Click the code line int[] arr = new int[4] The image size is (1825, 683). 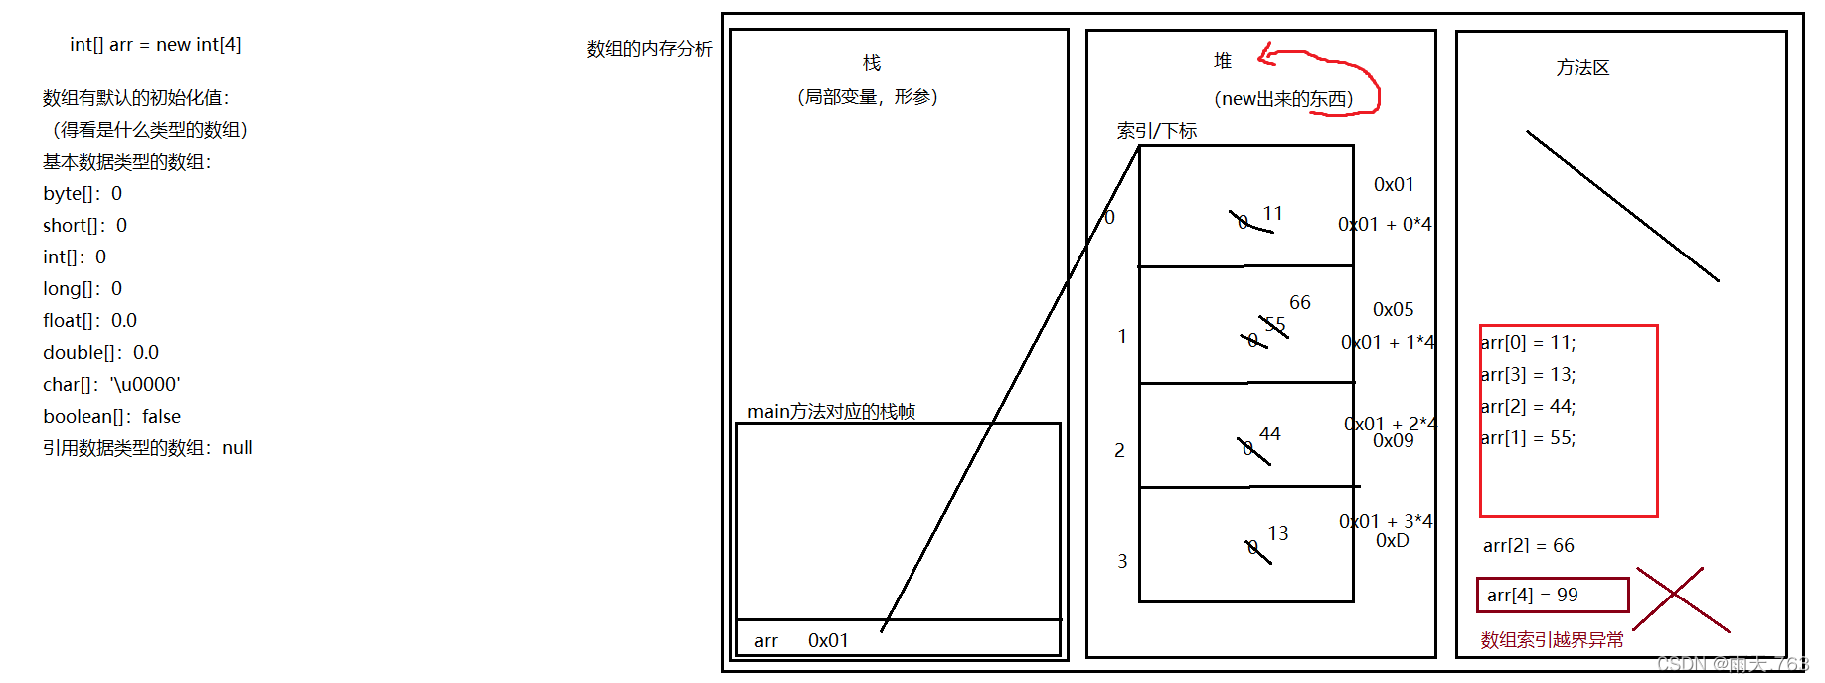[155, 45]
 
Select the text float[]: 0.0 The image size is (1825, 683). [89, 320]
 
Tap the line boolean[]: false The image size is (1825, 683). [111, 416]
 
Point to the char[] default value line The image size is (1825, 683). [111, 384]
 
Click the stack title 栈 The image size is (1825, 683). [872, 63]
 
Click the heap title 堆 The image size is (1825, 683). [1223, 61]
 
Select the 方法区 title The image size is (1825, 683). [1582, 68]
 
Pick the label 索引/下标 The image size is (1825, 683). [1157, 131]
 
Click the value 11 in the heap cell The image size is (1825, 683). [1273, 213]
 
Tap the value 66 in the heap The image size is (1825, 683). [1300, 302]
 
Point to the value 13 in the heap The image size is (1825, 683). [1278, 533]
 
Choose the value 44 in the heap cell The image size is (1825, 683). [1270, 433]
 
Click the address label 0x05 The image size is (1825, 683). [1393, 309]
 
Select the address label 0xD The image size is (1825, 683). [1392, 540]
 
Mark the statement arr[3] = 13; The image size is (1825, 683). [1528, 374]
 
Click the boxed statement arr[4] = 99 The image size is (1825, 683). [1533, 595]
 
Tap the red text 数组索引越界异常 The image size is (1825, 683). [1552, 640]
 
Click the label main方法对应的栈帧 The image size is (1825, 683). [831, 411]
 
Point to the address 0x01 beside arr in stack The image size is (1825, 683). [828, 640]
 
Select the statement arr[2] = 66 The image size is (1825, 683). [1529, 545]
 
